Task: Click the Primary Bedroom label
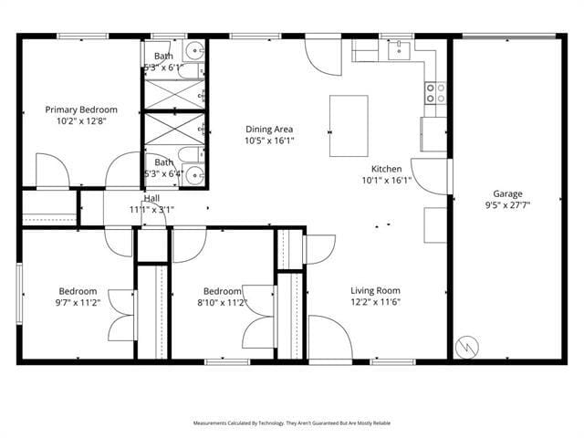[x=81, y=109]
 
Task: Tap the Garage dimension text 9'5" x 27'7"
[x=507, y=205]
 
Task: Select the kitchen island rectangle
[x=349, y=126]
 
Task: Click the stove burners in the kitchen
[x=435, y=92]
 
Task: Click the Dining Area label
[x=269, y=129]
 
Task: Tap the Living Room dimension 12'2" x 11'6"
[x=376, y=302]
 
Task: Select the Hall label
[x=151, y=198]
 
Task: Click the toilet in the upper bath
[x=193, y=51]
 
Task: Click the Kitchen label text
[x=386, y=169]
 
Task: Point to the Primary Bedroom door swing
[x=53, y=172]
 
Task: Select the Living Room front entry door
[x=329, y=338]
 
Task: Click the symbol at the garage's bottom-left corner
[x=466, y=346]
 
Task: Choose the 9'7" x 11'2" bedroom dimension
[x=78, y=303]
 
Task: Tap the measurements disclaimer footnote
[x=292, y=423]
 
